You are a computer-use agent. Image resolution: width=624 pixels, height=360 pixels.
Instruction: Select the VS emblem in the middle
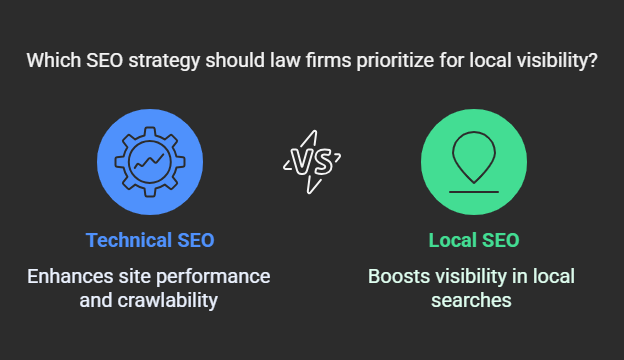(311, 161)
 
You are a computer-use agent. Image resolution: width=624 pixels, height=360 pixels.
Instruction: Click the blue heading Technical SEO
(149, 240)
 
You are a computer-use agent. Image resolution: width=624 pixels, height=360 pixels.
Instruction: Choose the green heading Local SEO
(473, 240)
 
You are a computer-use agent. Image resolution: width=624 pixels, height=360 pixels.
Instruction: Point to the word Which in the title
(53, 60)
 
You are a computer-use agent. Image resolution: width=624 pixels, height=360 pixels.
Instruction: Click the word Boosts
(398, 275)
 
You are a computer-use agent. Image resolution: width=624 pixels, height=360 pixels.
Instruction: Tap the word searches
(473, 299)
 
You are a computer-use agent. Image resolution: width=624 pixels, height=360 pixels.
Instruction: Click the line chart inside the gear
(149, 161)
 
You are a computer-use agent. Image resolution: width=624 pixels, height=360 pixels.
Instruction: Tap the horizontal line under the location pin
(473, 189)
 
